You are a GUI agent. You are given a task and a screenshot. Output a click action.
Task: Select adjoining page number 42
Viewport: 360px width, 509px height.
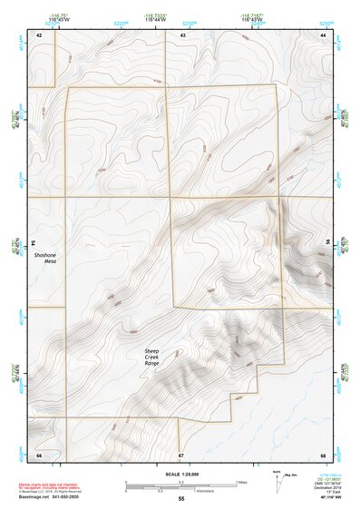click(x=39, y=34)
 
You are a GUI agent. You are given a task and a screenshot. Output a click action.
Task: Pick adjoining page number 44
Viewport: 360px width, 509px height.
click(x=323, y=34)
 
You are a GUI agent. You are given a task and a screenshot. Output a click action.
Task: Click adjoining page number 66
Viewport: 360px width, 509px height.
click(x=39, y=454)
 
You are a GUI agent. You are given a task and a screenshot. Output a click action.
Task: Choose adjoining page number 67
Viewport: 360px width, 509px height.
click(x=181, y=454)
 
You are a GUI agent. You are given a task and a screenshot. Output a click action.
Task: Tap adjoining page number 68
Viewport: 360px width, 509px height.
click(x=323, y=454)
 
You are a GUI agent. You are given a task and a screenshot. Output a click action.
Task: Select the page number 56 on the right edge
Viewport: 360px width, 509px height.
click(x=327, y=244)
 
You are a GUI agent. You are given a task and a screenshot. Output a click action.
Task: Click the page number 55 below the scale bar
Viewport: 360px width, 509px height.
click(x=181, y=500)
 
